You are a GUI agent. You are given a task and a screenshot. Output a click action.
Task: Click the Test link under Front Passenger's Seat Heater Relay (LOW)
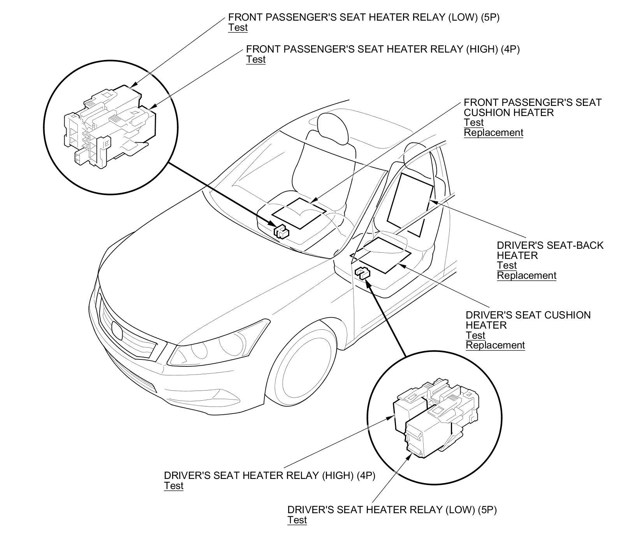pos(238,27)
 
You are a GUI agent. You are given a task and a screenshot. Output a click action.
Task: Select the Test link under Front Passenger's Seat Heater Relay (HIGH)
pos(256,60)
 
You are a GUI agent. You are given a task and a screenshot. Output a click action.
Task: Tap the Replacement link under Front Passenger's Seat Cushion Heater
pos(493,133)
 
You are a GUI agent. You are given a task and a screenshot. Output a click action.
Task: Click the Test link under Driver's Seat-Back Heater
pos(507,266)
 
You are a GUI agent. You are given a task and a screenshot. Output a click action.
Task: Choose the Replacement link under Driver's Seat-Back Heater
pos(526,276)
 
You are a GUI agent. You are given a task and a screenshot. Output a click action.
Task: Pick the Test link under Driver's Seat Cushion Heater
pos(475,335)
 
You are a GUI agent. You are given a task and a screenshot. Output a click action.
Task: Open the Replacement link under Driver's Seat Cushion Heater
pos(495,345)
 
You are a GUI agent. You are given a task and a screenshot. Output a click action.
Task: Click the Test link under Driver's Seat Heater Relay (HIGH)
pos(174,486)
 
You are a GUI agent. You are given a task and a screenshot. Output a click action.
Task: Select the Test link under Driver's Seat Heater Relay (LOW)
pos(297,520)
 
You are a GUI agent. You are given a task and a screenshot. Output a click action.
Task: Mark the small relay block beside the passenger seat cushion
pos(281,232)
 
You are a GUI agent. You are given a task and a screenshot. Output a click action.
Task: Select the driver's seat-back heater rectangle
pos(410,204)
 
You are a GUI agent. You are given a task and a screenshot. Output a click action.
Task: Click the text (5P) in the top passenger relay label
pos(489,17)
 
